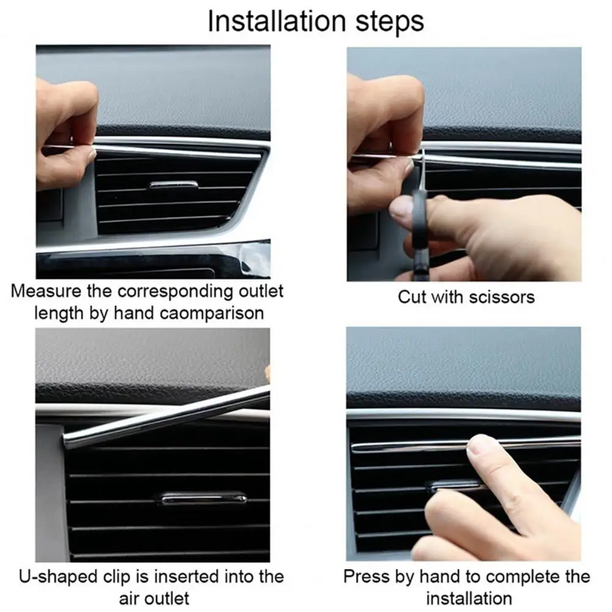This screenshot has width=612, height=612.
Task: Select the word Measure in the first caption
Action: point(46,290)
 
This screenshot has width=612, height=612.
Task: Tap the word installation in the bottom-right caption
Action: point(469,597)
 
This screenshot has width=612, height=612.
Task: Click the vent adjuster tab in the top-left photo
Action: point(174,184)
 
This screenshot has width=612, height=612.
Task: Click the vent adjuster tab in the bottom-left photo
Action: point(204,498)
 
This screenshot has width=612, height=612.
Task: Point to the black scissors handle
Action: point(418,232)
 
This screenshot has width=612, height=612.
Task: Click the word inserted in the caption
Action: point(188,577)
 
